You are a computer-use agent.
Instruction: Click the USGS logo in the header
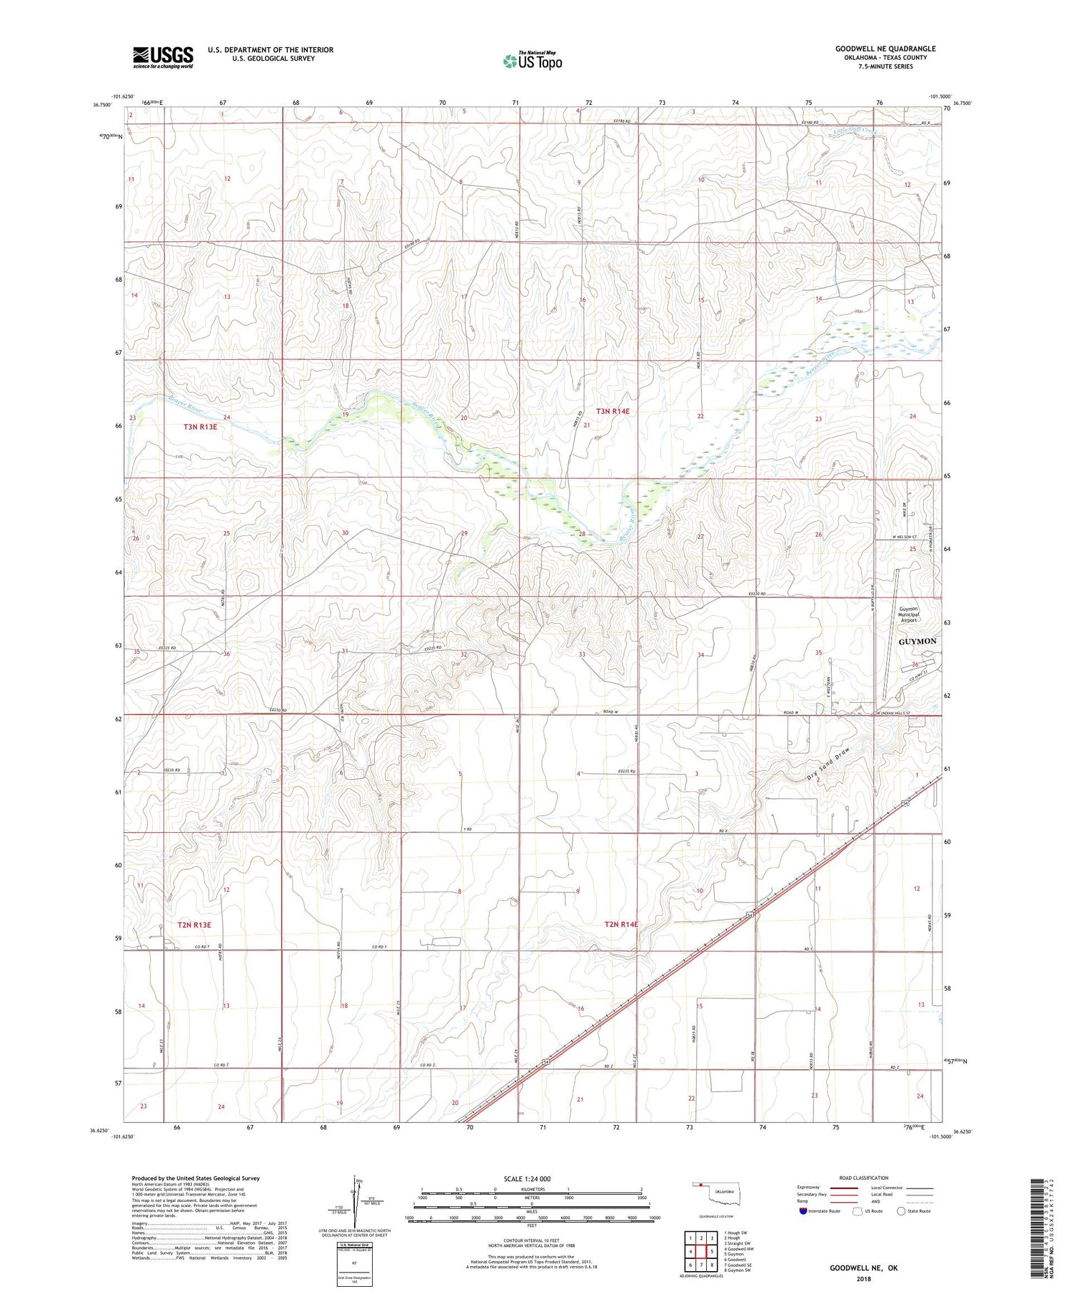click(x=163, y=57)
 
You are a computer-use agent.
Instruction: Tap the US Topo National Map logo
click(x=533, y=61)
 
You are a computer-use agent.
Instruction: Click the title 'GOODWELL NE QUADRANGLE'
click(x=885, y=49)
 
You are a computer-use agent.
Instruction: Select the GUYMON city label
click(x=917, y=641)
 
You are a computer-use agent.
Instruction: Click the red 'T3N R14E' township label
click(x=613, y=411)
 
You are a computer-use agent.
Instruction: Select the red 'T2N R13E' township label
click(x=194, y=925)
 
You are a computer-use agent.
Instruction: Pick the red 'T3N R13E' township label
click(x=199, y=427)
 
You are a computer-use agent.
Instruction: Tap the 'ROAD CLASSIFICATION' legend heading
click(x=864, y=1178)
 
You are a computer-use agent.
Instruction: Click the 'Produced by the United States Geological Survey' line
click(x=195, y=1178)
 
